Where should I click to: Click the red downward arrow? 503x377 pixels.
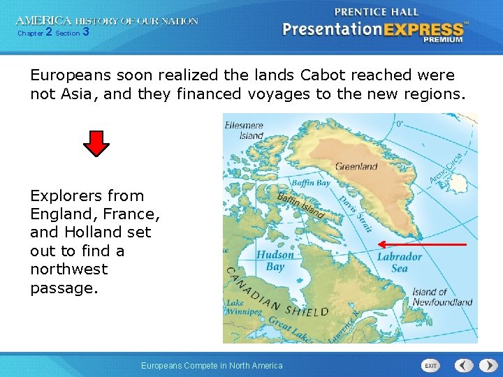pos(96,143)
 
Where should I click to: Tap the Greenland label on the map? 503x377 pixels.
pos(356,167)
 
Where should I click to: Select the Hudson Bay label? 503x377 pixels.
pos(275,260)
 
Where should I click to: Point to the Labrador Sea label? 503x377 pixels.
pos(400,263)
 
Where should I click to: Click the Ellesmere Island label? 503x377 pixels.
pos(245,131)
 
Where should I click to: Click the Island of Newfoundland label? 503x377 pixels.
pos(442,297)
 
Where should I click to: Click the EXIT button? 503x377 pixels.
pos(432,366)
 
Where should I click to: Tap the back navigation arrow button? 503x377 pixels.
pos(465,365)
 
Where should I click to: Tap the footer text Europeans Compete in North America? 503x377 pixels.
pos(212,366)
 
